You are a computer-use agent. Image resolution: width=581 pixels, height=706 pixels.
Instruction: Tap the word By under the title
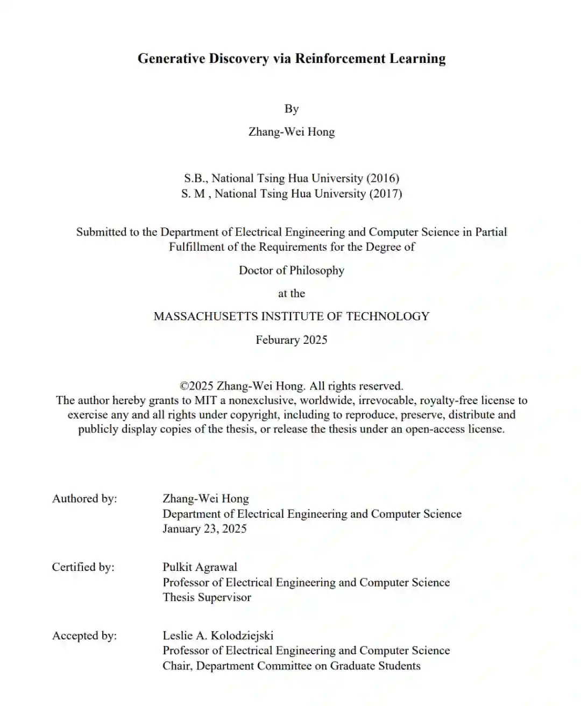pyautogui.click(x=291, y=109)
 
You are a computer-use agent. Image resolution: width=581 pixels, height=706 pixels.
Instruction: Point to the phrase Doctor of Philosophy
pyautogui.click(x=291, y=271)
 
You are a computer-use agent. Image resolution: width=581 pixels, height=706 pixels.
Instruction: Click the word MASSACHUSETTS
pyautogui.click(x=206, y=316)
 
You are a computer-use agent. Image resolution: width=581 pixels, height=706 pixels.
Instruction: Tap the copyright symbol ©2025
pyautogui.click(x=197, y=386)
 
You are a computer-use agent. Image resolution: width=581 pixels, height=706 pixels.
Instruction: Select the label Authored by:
pyautogui.click(x=84, y=499)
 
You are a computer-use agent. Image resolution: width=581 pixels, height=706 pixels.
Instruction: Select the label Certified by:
pyautogui.click(x=83, y=567)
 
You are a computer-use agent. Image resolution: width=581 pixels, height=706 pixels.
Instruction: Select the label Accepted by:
pyautogui.click(x=84, y=636)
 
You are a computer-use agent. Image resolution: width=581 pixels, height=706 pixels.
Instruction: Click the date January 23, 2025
pyautogui.click(x=204, y=529)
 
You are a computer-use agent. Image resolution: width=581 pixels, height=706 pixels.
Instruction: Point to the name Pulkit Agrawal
pyautogui.click(x=200, y=567)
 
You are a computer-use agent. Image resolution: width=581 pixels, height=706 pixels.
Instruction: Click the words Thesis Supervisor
pyautogui.click(x=207, y=597)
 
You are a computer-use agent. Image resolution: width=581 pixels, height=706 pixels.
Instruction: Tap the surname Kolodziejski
pyautogui.click(x=242, y=636)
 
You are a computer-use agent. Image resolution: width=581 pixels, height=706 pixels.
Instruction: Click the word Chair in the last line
pyautogui.click(x=178, y=666)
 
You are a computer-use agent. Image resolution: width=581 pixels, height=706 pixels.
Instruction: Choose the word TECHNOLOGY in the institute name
pyautogui.click(x=387, y=316)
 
